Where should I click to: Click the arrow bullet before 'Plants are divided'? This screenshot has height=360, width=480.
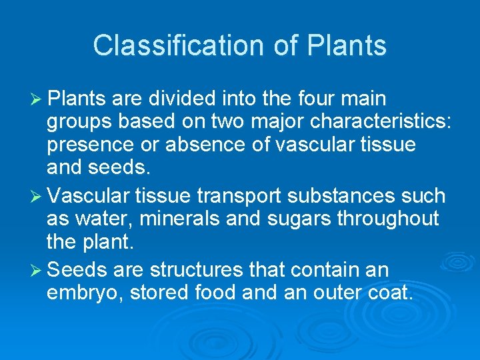tap(37, 99)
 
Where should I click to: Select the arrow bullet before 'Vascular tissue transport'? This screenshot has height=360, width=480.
tap(37, 197)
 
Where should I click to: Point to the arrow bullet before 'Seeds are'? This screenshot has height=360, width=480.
tap(37, 270)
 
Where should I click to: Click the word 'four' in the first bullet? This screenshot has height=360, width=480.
tap(313, 99)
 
